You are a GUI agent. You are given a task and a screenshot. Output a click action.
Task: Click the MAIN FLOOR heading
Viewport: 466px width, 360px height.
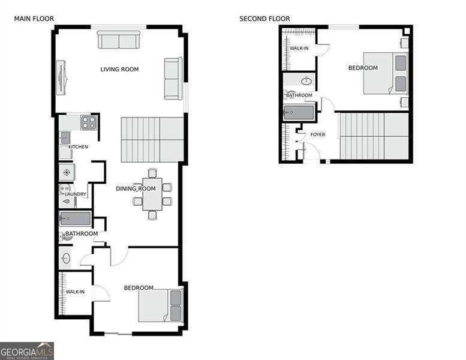(x=34, y=19)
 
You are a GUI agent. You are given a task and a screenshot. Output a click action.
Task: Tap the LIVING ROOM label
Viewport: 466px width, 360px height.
(x=119, y=70)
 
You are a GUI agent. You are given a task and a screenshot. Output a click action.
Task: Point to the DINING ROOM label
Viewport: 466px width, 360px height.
(x=136, y=189)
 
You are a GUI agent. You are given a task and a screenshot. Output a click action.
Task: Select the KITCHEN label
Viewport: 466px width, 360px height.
(x=78, y=147)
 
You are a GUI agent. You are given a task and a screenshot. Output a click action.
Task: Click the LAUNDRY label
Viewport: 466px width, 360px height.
(x=76, y=194)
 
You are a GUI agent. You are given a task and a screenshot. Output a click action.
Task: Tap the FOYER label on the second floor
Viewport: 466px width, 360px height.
(x=317, y=134)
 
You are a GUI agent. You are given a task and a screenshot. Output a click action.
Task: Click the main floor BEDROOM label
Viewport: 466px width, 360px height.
(x=139, y=288)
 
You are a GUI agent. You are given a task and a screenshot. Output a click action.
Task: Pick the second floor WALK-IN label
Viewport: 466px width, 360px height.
(x=299, y=48)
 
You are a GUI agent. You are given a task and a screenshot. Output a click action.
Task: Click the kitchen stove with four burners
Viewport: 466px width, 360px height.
(x=89, y=122)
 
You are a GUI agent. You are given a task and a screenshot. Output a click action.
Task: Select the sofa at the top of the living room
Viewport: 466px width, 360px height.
(x=119, y=41)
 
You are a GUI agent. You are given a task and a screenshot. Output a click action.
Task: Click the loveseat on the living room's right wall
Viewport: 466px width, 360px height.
(x=173, y=79)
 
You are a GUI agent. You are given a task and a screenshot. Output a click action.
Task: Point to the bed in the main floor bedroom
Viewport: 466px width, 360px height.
(x=160, y=305)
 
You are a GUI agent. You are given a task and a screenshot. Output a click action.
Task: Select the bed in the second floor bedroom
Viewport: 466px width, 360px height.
(x=385, y=73)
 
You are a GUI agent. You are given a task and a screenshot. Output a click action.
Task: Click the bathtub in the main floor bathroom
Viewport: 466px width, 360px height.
(x=75, y=218)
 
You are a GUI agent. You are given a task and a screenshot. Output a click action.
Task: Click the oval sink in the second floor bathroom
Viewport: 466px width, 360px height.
(x=306, y=80)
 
